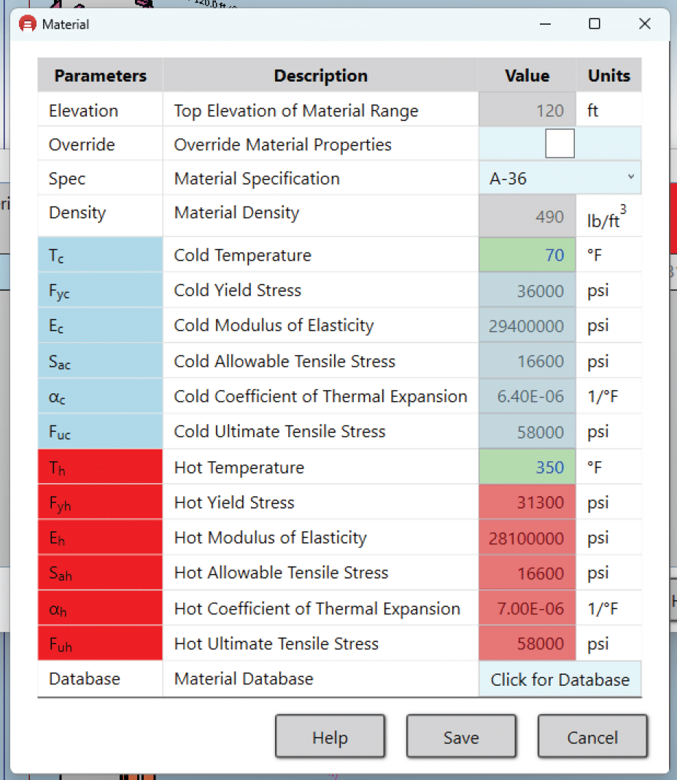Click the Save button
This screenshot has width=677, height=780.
pos(461,737)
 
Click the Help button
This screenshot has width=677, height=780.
pos(330,737)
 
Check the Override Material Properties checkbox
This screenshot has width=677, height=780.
pos(560,144)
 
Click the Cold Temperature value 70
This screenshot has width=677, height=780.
pos(527,255)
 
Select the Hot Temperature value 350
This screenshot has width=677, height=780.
pos(527,467)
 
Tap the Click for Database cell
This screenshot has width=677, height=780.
pos(560,679)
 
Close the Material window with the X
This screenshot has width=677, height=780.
pos(644,24)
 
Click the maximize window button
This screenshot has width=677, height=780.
pos(595,24)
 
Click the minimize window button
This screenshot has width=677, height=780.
pos(546,24)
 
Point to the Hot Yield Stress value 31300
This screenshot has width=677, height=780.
pos(527,503)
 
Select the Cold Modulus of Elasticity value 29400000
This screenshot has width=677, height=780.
pos(527,326)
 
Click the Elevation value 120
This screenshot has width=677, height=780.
pos(527,111)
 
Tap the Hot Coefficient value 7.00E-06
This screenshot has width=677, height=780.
pos(527,609)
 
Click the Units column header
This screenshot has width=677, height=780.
pos(608,76)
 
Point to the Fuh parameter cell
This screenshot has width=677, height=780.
pos(100,644)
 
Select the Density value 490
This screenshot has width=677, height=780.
pos(527,217)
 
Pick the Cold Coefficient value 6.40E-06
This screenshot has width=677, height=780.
pos(527,396)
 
